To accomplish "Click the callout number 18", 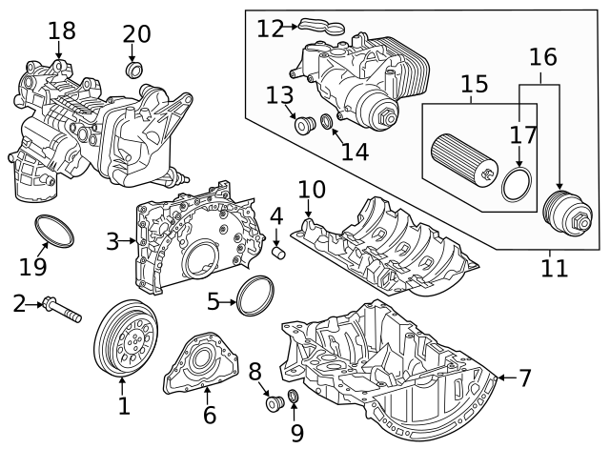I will coord(62,31).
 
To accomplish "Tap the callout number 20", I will coord(137,34).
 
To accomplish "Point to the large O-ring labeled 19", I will coord(55,230).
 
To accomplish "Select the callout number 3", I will coord(113,241).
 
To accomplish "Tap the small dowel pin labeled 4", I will coord(280,253).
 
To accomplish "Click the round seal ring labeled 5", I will coord(255,295).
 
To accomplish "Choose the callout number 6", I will coord(210,416).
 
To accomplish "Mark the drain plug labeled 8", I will coord(274,405).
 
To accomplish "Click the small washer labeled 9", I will coord(293,397).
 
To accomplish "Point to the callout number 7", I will coord(525,378).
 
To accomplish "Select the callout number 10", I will coord(311,189).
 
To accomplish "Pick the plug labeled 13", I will coord(304,125).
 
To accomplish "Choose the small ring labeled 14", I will coord(326,122).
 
